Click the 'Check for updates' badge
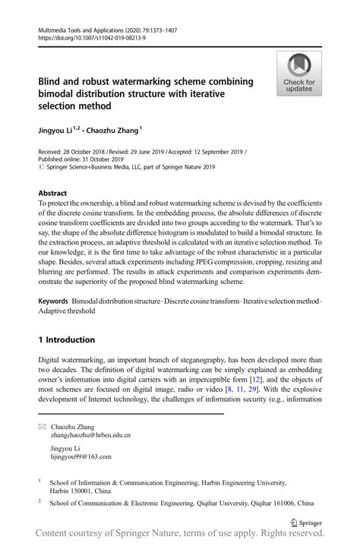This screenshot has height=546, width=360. click(x=299, y=74)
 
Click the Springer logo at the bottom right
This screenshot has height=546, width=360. click(x=308, y=522)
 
